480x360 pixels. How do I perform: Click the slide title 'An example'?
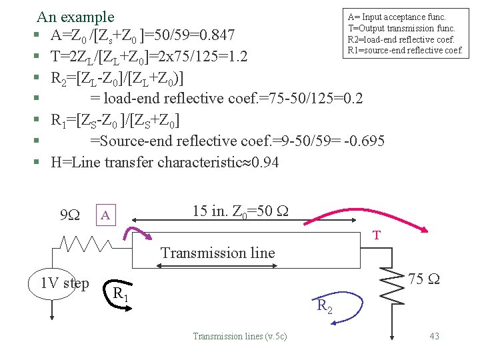(x=75, y=17)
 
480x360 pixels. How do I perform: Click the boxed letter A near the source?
(x=105, y=215)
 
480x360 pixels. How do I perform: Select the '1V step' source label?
(x=65, y=283)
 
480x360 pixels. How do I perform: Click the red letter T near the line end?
(x=377, y=235)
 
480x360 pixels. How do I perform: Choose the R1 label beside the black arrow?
(x=120, y=293)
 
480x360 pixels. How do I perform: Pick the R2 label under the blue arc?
(x=324, y=307)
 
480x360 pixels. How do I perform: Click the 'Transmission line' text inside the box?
(x=217, y=253)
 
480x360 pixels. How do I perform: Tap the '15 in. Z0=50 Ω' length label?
(x=240, y=211)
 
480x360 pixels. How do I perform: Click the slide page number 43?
(x=434, y=336)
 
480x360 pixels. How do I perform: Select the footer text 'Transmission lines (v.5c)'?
(x=239, y=336)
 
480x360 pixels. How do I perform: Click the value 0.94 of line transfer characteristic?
(x=266, y=163)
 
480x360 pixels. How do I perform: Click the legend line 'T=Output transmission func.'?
(x=401, y=28)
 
